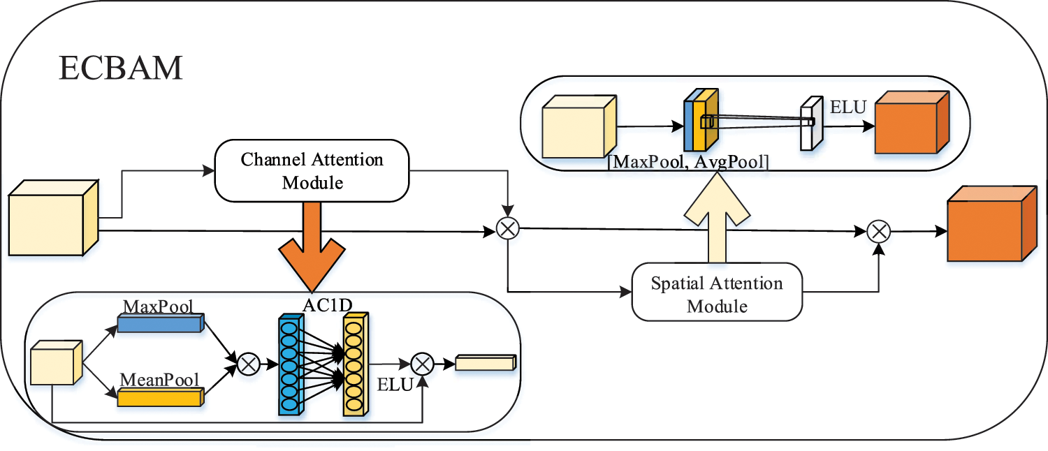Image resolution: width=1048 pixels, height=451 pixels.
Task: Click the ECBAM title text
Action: pyautogui.click(x=120, y=68)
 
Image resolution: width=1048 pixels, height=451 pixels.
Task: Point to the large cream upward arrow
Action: pyautogui.click(x=718, y=216)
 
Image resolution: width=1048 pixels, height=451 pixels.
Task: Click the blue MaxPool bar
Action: pyautogui.click(x=160, y=323)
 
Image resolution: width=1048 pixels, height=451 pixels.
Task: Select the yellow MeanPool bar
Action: pyautogui.click(x=160, y=397)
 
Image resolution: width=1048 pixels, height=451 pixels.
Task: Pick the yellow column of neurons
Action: pyautogui.click(x=354, y=365)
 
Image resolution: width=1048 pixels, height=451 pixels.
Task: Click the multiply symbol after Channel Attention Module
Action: pyautogui.click(x=507, y=228)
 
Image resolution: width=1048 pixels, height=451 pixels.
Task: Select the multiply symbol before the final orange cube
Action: pyautogui.click(x=878, y=230)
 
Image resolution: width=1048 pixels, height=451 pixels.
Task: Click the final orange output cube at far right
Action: pyautogui.click(x=989, y=224)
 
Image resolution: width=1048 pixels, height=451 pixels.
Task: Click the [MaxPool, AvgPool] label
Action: pyautogui.click(x=688, y=163)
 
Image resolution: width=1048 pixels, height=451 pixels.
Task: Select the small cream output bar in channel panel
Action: pyautogui.click(x=485, y=362)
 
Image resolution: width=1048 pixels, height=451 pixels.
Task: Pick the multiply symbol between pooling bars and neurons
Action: pyautogui.click(x=248, y=364)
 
